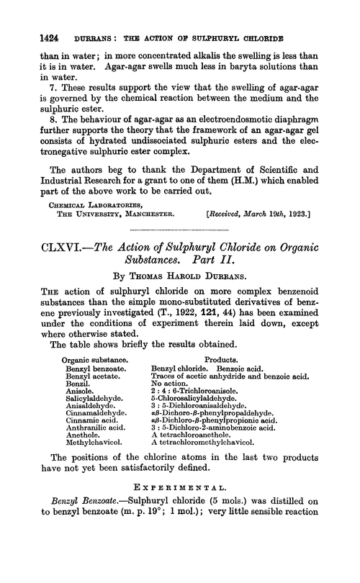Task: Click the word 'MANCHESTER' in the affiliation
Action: tap(153, 232)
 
